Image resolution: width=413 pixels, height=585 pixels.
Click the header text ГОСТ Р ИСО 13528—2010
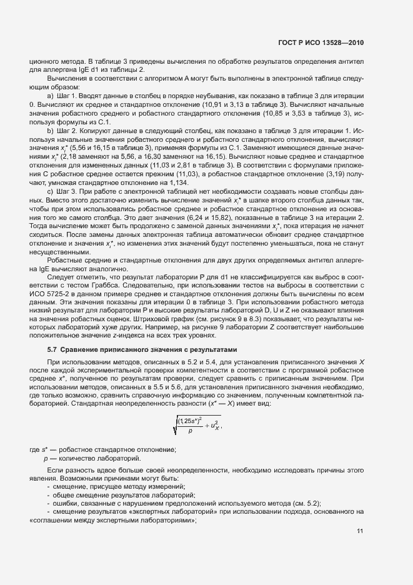tap(321, 43)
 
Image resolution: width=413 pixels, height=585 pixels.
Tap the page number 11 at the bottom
tap(359, 531)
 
